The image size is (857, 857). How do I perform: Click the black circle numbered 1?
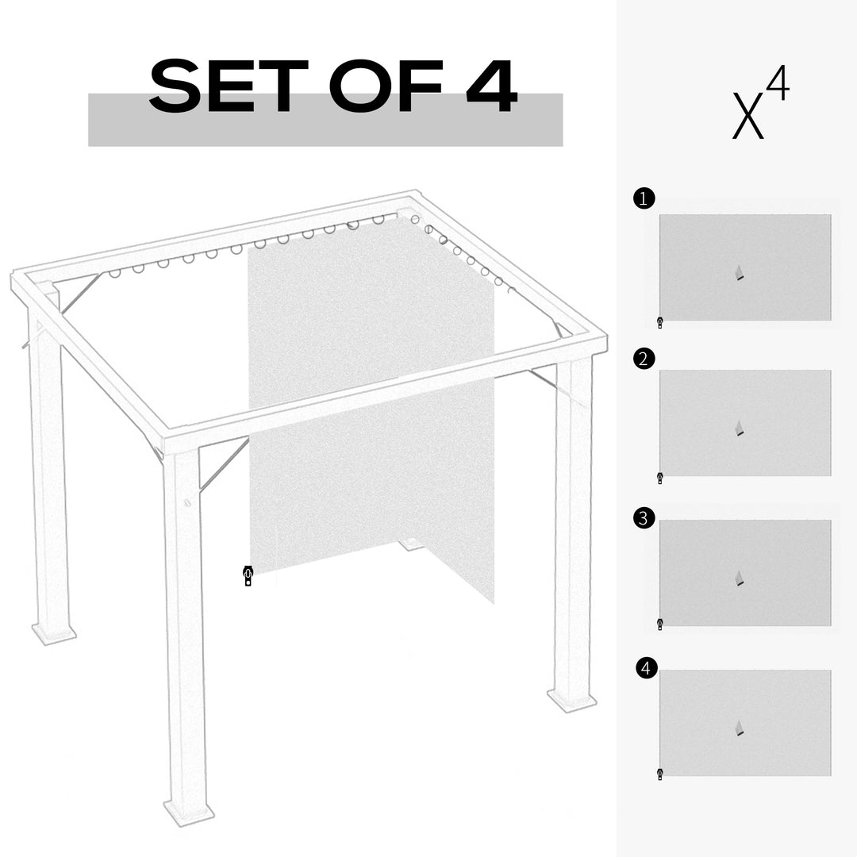coord(644,198)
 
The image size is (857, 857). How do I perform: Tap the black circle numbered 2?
coord(644,359)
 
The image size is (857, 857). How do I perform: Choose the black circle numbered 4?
coord(647,669)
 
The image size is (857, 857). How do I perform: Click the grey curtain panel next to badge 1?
coord(745,267)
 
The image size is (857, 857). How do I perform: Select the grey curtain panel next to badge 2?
coord(745,422)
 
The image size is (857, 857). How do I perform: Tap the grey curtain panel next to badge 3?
coord(745,572)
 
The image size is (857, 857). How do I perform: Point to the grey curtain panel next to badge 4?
coord(745,722)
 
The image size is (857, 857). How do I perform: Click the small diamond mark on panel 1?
coord(740,274)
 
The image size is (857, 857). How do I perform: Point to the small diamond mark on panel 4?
coord(740,728)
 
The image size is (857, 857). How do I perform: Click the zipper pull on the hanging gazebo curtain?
coord(248,576)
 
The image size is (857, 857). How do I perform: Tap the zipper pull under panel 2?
coord(659,478)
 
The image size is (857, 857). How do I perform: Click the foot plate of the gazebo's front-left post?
coord(189,812)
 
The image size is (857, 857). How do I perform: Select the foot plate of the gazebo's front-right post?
coord(571,700)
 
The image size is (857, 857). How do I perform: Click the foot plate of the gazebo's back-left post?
coord(54,632)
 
